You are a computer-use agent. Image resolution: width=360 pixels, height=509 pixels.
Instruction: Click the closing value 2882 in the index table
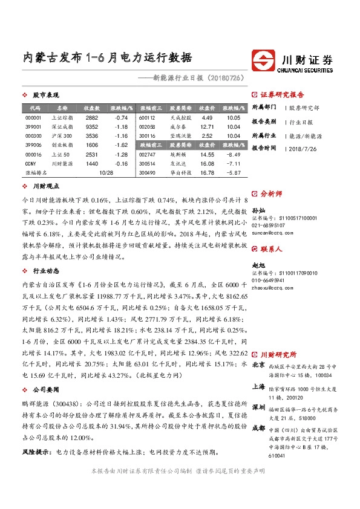92,117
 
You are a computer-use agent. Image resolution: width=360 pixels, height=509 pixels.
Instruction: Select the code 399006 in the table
33,146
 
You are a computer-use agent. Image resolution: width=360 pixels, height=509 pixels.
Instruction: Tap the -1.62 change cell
121,146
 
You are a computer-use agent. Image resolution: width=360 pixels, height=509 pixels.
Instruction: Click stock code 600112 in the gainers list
147,117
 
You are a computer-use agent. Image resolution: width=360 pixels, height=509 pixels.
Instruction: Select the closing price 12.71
207,127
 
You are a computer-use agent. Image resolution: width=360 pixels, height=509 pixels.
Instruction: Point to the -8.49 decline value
233,155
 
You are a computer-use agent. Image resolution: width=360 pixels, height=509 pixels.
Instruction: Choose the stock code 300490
147,173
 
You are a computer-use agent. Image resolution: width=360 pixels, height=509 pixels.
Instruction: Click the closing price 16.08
207,164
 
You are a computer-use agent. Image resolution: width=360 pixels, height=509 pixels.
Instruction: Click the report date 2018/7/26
304,148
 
